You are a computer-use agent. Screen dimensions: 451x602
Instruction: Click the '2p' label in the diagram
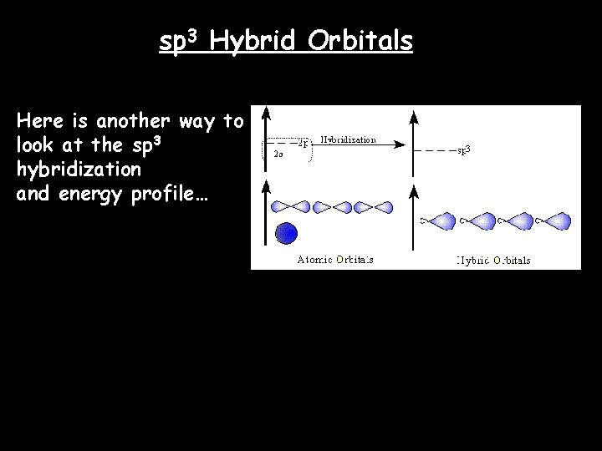(304, 143)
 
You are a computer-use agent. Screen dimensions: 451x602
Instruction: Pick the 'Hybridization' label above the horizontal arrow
(349, 139)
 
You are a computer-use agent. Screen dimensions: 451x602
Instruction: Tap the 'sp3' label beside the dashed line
(464, 150)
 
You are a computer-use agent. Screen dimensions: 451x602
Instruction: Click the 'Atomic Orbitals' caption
(335, 259)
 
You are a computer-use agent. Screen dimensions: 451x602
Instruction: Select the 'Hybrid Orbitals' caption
(493, 260)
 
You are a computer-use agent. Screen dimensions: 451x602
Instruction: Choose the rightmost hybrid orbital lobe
(552, 221)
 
